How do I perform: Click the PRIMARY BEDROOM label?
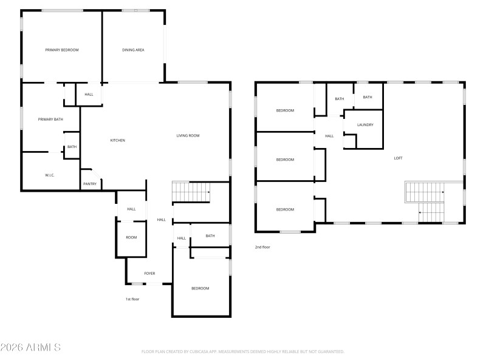point(62,50)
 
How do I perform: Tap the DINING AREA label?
point(133,50)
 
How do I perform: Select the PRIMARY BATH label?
point(50,119)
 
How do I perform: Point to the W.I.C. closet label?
point(50,175)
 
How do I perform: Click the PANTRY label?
point(90,184)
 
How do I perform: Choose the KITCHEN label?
point(117,140)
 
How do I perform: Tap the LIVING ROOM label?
point(188,135)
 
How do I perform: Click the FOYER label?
point(149,274)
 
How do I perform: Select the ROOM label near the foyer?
point(131,237)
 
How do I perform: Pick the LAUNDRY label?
point(365,125)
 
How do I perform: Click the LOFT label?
point(398,158)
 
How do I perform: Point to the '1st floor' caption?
point(132,299)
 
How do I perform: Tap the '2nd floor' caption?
point(262,247)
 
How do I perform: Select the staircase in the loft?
point(425,201)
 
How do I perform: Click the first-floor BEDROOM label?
point(200,288)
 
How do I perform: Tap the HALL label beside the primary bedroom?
point(89,94)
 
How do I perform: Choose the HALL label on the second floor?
point(329,136)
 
